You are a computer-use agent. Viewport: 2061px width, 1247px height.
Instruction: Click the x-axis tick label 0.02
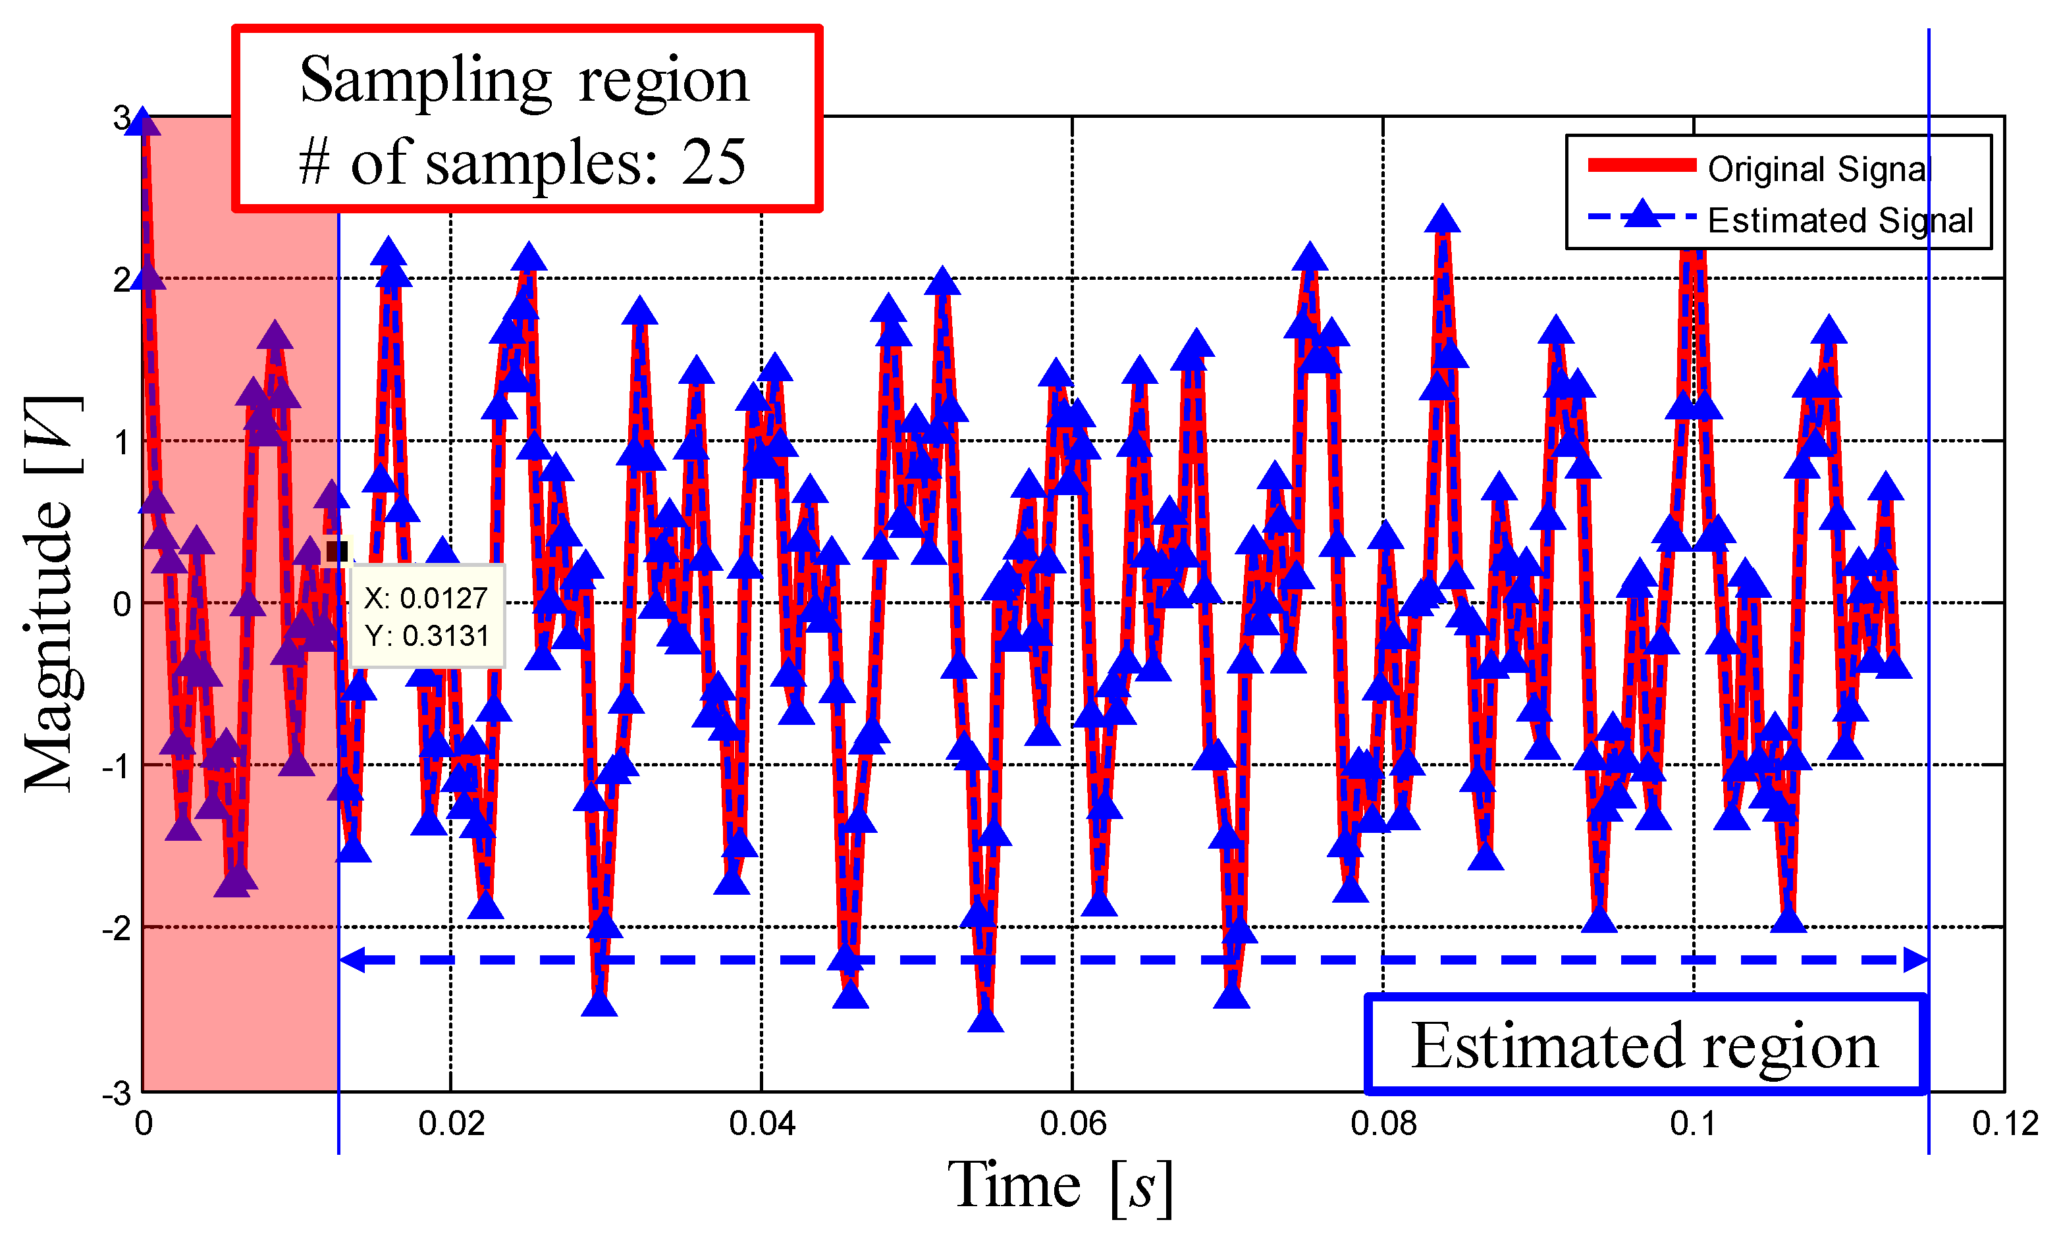451,1123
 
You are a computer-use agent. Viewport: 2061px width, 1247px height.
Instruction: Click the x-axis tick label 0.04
761,1123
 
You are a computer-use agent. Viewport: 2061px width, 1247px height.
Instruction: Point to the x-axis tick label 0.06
1073,1123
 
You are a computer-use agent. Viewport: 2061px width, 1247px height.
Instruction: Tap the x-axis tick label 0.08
1383,1123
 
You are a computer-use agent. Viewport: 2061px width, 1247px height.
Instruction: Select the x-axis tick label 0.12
2004,1123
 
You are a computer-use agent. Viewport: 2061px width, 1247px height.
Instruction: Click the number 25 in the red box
712,161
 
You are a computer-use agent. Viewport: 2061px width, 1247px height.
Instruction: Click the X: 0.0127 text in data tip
426,598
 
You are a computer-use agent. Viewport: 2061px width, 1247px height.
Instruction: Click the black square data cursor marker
336,551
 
